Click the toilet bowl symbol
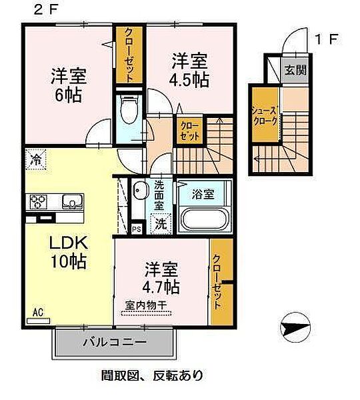129,109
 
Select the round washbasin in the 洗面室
141,191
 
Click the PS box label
137,229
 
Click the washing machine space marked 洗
161,223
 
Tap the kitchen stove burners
39,201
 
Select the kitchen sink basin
73,201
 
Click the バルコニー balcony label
115,342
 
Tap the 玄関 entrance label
295,70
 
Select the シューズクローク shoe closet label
264,116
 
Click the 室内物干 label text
146,305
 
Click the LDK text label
69,243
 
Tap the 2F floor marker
47,11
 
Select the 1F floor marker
327,40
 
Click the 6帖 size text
69,95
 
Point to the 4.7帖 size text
161,287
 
